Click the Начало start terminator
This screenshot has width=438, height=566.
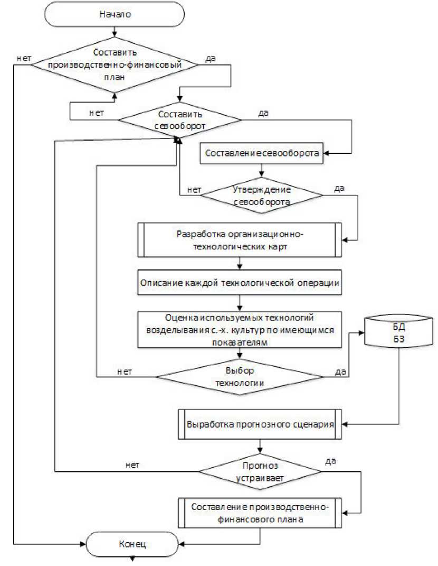(115, 14)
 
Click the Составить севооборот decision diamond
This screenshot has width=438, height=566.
(180, 120)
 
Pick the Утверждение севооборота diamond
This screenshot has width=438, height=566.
(262, 195)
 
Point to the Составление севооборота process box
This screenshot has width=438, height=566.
(262, 154)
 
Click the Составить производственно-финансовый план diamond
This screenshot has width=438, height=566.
(115, 65)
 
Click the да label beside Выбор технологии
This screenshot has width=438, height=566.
(340, 372)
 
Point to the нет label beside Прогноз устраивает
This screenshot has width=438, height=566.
(133, 466)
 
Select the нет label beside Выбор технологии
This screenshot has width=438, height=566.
(125, 372)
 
